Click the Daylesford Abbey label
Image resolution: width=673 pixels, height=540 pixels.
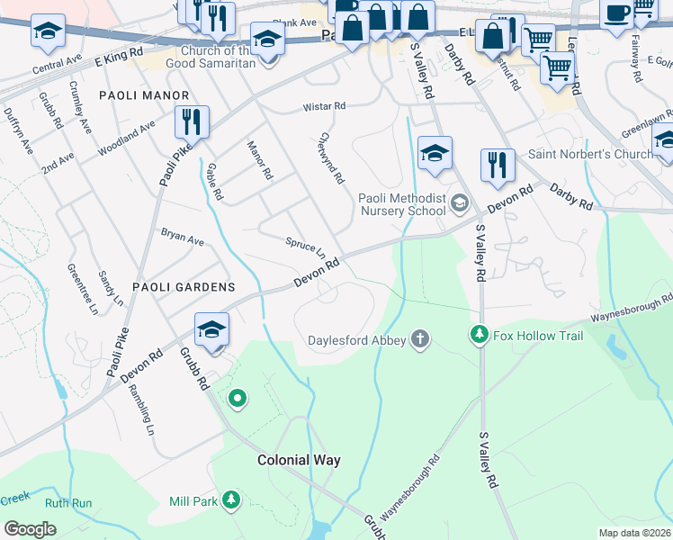click(x=357, y=340)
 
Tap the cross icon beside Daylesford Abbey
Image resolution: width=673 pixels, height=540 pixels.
click(x=418, y=339)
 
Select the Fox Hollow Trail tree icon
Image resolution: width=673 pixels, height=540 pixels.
click(x=480, y=336)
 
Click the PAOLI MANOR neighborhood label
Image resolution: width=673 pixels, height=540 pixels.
click(x=144, y=94)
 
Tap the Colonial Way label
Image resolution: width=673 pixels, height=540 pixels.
click(x=299, y=460)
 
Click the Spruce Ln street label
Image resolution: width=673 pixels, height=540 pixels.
click(x=305, y=245)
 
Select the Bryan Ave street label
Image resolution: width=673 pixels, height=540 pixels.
click(x=183, y=237)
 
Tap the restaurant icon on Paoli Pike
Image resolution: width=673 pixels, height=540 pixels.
click(x=192, y=121)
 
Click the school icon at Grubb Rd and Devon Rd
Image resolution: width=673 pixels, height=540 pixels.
click(x=211, y=328)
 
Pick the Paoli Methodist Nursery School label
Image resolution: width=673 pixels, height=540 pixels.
click(x=401, y=204)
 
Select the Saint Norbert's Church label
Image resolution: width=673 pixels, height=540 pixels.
click(x=590, y=154)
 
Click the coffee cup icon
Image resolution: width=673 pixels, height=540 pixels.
click(x=617, y=14)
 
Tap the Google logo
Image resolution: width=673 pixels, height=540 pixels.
click(x=30, y=528)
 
